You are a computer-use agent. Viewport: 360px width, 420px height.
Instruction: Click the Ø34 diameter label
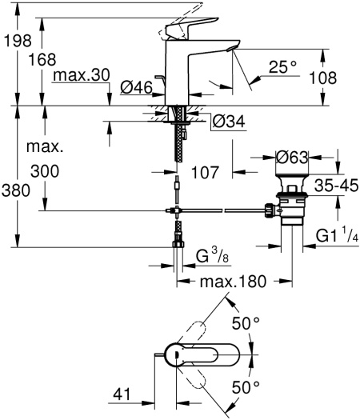[x=228, y=122]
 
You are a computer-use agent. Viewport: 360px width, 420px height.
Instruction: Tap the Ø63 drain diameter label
[x=293, y=158]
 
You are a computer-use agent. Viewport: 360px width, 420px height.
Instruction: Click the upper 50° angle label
[x=246, y=324]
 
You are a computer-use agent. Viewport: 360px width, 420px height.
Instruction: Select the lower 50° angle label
[x=246, y=387]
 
